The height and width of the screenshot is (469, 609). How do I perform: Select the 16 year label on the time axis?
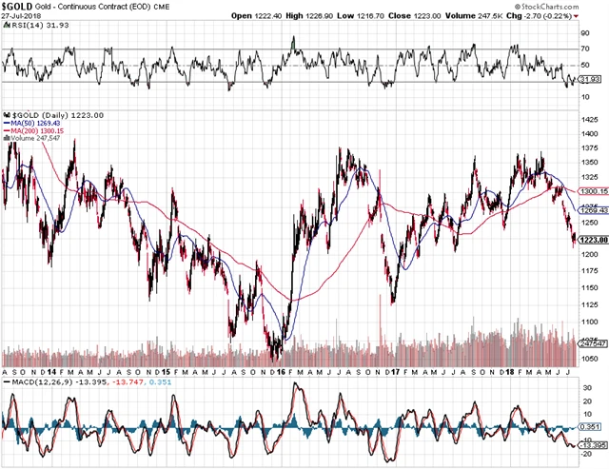point(278,370)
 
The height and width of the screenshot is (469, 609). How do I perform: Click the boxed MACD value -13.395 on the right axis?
point(591,443)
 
